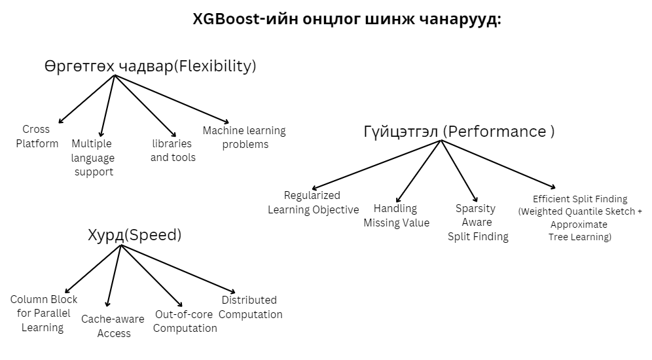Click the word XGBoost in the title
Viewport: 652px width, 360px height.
pyautogui.click(x=226, y=20)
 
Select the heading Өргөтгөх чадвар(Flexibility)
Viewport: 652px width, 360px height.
pyautogui.click(x=150, y=66)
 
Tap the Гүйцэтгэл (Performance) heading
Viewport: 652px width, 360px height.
pyautogui.click(x=459, y=132)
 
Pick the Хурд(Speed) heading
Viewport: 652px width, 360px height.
pyautogui.click(x=134, y=235)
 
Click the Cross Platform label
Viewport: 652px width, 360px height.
pyautogui.click(x=37, y=136)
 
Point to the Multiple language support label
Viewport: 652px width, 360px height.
pyautogui.click(x=92, y=158)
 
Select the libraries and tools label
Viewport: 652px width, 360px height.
pyautogui.click(x=172, y=151)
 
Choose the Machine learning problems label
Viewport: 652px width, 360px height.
pyautogui.click(x=244, y=137)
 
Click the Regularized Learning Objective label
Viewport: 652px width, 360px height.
pyautogui.click(x=313, y=202)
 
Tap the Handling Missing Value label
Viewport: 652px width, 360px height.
pyautogui.click(x=396, y=215)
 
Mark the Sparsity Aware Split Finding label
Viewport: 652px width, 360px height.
pyautogui.click(x=477, y=223)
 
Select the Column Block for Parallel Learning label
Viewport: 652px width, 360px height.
pyautogui.click(x=43, y=314)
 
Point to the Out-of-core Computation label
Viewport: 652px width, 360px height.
pyautogui.click(x=185, y=321)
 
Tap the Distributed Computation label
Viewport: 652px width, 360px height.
pyautogui.click(x=250, y=307)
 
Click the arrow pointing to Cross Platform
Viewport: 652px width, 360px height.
pyautogui.click(x=86, y=98)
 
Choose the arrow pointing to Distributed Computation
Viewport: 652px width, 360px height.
pyautogui.click(x=177, y=269)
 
